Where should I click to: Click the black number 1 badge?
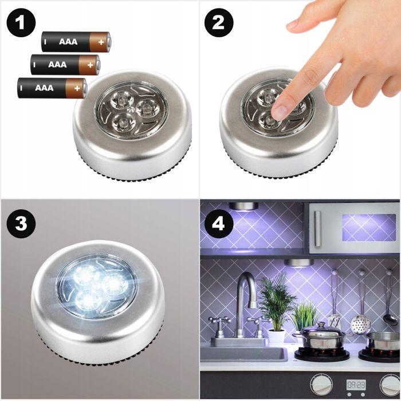click(x=21, y=23)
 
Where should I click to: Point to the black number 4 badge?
click(x=219, y=223)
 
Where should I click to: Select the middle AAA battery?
click(x=65, y=65)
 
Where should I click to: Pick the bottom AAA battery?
click(x=52, y=88)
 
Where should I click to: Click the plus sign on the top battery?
click(x=101, y=42)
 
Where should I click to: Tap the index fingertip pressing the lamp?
click(x=279, y=110)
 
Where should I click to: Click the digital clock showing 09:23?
click(x=356, y=384)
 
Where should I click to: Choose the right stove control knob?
click(x=391, y=385)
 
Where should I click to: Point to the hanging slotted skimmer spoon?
click(x=361, y=324)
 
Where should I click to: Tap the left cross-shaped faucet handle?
click(x=219, y=322)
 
